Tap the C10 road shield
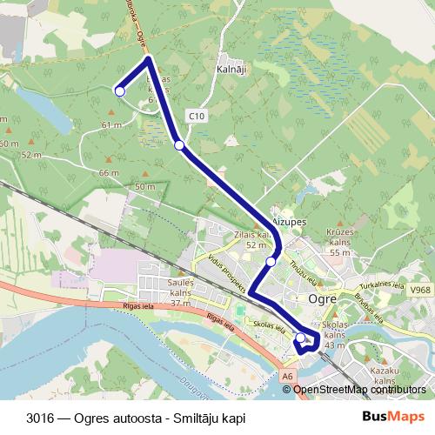(196, 115)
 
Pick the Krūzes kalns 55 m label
(339, 240)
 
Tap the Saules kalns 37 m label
(181, 292)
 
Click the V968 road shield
(421, 290)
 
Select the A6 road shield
(288, 375)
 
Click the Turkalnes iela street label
(384, 284)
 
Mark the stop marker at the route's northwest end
(120, 90)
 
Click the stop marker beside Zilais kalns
(271, 261)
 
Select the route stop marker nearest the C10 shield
(179, 145)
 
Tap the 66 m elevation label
(109, 172)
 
